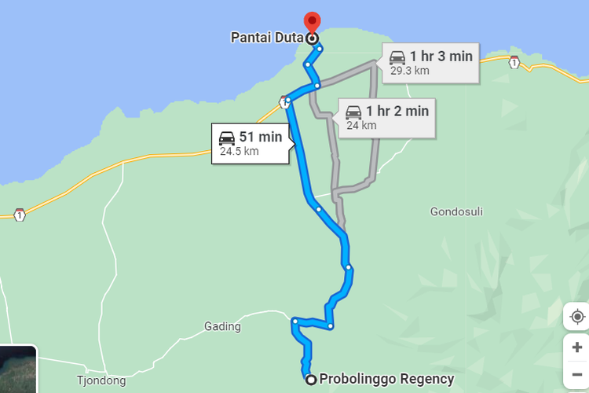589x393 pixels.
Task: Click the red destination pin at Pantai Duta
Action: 312,22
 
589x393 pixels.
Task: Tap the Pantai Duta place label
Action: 267,37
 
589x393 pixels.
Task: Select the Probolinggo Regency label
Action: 386,379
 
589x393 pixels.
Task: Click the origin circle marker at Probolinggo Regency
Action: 311,380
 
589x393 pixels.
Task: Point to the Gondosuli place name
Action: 456,211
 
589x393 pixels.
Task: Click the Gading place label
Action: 222,326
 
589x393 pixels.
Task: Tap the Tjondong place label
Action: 101,381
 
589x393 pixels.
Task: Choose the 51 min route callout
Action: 251,143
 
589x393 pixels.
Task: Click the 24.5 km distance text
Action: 240,152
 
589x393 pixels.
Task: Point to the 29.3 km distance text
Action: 410,70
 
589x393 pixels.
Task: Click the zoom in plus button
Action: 576,347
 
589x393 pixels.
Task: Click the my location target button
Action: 576,316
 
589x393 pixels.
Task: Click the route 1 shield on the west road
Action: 20,215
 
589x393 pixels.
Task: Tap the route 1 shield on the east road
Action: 514,62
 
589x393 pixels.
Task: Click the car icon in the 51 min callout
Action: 228,137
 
